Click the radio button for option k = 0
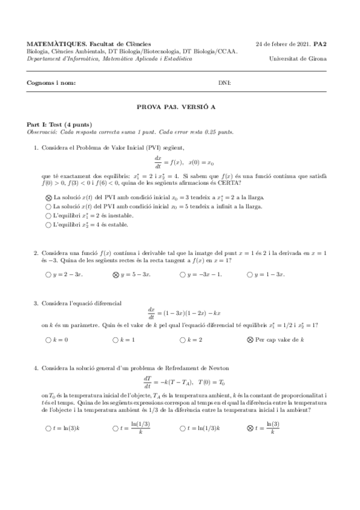click(x=48, y=340)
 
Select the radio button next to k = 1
click(x=115, y=340)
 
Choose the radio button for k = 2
click(x=183, y=340)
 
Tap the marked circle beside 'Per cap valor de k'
click(x=250, y=340)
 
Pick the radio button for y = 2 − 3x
click(x=48, y=275)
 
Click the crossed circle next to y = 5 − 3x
click(x=115, y=275)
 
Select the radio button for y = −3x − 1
click(x=183, y=275)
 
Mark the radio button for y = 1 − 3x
click(x=250, y=275)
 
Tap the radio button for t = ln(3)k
click(x=48, y=428)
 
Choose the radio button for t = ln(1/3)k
click(x=183, y=428)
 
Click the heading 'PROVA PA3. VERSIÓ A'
click(x=180, y=106)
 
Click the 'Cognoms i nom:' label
click(x=52, y=82)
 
